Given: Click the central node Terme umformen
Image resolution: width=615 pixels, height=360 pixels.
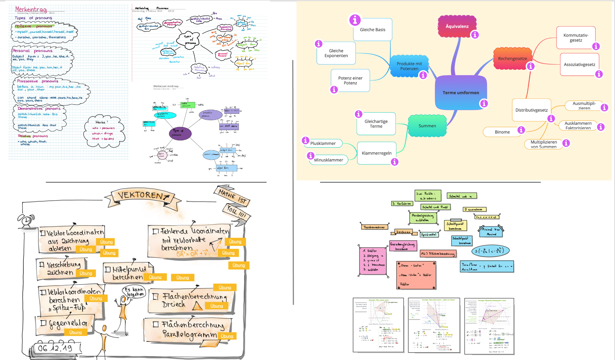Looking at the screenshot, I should pyautogui.click(x=461, y=93).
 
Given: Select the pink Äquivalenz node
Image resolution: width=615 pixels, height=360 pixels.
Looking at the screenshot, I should pyautogui.click(x=457, y=27).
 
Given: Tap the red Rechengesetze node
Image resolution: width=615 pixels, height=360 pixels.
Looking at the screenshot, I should pyautogui.click(x=512, y=59).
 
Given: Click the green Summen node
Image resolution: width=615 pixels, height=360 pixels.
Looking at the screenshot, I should pyautogui.click(x=427, y=126).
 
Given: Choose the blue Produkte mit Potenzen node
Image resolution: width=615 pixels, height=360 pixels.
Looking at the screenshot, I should pyautogui.click(x=409, y=66).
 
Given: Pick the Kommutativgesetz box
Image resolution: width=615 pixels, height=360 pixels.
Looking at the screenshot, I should pyautogui.click(x=576, y=38).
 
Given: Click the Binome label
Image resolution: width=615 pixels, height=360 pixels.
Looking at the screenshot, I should pyautogui.click(x=502, y=132).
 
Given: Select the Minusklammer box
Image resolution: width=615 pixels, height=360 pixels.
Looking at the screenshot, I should pyautogui.click(x=328, y=160).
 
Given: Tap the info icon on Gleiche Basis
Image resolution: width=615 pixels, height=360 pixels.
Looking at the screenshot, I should pyautogui.click(x=355, y=20).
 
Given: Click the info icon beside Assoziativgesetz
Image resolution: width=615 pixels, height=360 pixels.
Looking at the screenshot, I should pyautogui.click(x=599, y=74).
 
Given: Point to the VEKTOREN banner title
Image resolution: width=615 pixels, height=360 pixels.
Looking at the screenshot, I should pyautogui.click(x=141, y=195).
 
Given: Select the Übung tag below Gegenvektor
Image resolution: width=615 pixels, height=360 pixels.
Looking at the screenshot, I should pyautogui.click(x=75, y=332).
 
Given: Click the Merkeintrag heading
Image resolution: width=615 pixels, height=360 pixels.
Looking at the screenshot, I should pyautogui.click(x=30, y=9).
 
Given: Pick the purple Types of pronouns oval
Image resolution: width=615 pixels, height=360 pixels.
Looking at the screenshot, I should pyautogui.click(x=180, y=133).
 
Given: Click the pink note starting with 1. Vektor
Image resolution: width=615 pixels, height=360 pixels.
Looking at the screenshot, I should pyautogui.click(x=372, y=261).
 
